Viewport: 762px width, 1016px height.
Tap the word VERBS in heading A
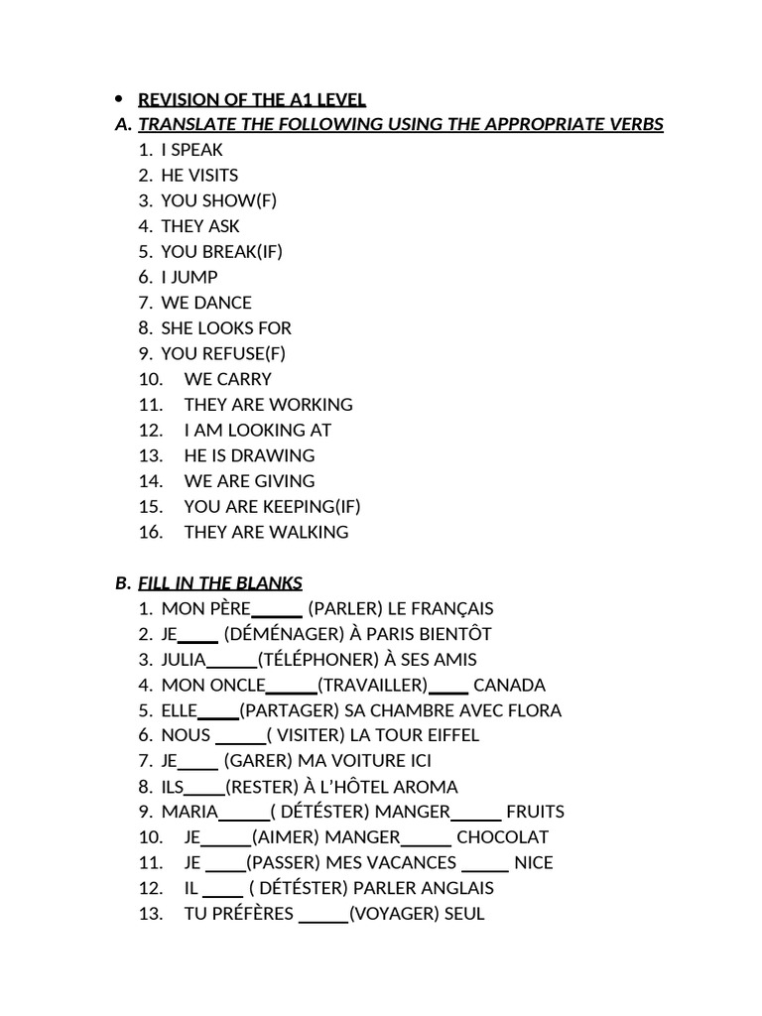(636, 124)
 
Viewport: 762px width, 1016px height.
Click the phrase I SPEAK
(192, 150)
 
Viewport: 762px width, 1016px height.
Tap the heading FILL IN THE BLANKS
(220, 582)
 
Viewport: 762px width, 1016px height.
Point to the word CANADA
(509, 685)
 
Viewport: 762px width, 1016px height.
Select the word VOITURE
(359, 761)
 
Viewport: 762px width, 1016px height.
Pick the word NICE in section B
(534, 863)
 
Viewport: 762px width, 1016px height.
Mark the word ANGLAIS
(451, 888)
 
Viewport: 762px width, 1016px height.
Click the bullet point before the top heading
(118, 98)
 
